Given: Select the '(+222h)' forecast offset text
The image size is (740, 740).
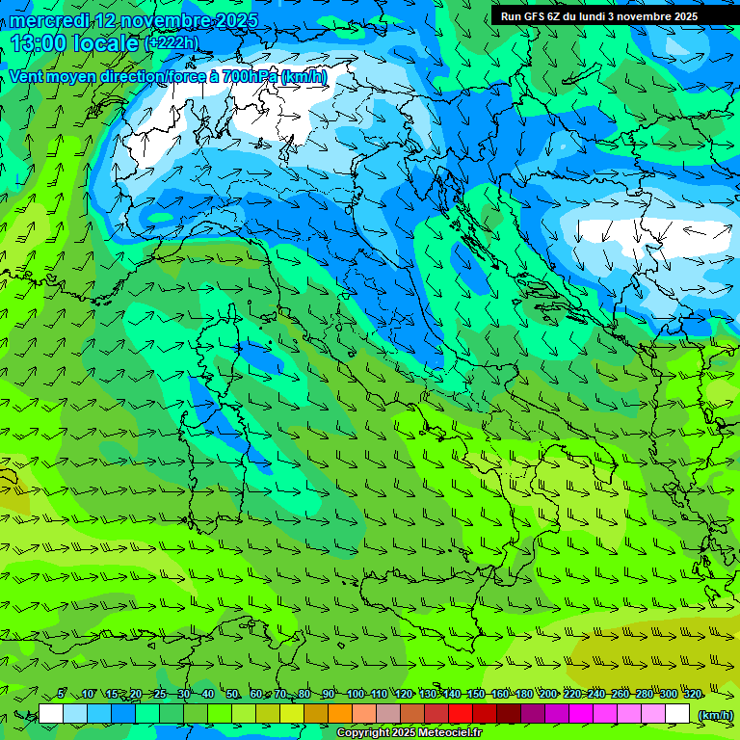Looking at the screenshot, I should (172, 43).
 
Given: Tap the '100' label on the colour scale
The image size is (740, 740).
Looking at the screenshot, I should (356, 694).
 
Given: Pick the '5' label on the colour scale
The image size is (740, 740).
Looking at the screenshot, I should (61, 694).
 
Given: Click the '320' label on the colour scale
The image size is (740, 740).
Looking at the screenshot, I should (693, 694).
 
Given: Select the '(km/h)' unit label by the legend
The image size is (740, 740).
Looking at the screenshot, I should (715, 715).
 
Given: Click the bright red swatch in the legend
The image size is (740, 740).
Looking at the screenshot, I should (461, 714).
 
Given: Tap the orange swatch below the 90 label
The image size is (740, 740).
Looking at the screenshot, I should (340, 714).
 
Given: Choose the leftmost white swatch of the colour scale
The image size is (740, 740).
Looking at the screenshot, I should (51, 714).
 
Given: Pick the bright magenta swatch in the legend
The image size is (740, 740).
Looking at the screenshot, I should (581, 714).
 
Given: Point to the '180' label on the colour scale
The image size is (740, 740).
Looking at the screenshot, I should (523, 694).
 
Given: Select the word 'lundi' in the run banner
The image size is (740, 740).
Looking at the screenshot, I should (616, 16).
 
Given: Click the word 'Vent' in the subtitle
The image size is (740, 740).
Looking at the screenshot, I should (28, 76).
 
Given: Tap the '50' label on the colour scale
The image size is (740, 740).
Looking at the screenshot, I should (232, 694).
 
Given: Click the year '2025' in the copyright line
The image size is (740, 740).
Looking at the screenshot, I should (401, 733).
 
